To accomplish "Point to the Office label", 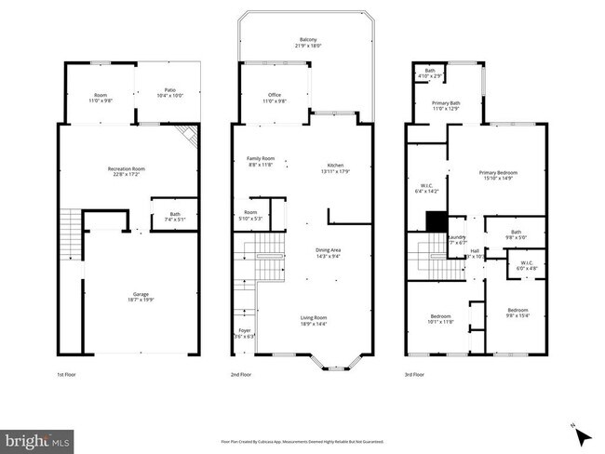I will pos(275,97).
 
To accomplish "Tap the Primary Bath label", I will pos(446,106).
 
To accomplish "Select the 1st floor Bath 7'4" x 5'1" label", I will pos(174,218).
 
